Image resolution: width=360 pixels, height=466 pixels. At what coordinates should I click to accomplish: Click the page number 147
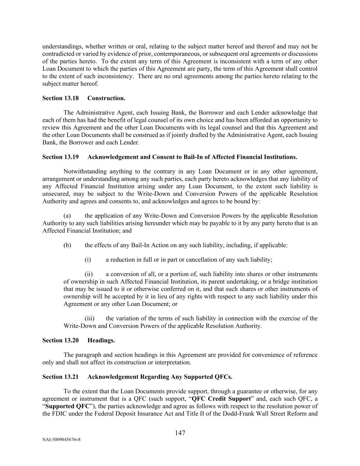pyautogui.click(x=180, y=433)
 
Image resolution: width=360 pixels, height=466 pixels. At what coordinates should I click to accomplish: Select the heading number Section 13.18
pyautogui.click(x=60, y=98)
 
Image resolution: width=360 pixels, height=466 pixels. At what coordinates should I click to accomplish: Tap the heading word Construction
pyautogui.click(x=106, y=98)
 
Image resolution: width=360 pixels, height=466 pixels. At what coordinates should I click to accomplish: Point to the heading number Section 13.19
pyautogui.click(x=60, y=157)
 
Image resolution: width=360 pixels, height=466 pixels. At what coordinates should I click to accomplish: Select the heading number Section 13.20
pyautogui.click(x=60, y=340)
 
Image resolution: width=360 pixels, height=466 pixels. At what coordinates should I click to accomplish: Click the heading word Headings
pyautogui.click(x=101, y=340)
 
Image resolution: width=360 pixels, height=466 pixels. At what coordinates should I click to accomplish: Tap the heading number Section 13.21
pyautogui.click(x=60, y=377)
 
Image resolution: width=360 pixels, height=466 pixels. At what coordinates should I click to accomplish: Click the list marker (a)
pyautogui.click(x=67, y=216)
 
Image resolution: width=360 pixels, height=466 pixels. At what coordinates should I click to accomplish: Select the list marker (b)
pyautogui.click(x=67, y=245)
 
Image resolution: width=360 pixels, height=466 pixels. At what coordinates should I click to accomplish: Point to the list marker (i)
pyautogui.click(x=88, y=260)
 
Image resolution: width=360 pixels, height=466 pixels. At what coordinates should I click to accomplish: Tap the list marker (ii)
pyautogui.click(x=89, y=274)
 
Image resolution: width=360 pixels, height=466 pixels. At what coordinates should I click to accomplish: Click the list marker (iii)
pyautogui.click(x=89, y=318)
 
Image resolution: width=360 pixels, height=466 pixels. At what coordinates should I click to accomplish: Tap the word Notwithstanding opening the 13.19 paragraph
pyautogui.click(x=83, y=172)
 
